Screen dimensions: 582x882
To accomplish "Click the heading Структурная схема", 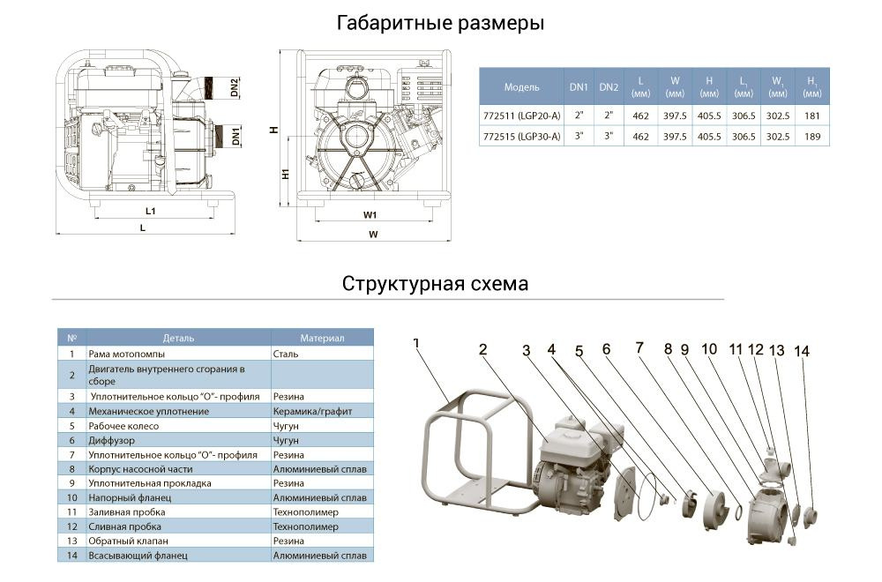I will [436, 284].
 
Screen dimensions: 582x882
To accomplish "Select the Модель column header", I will [521, 86].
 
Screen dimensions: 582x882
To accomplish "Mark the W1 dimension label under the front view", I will [370, 214].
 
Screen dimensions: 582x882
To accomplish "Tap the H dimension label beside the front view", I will [275, 130].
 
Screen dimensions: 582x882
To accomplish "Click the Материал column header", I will [322, 338].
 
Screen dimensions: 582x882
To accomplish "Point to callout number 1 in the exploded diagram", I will [416, 342].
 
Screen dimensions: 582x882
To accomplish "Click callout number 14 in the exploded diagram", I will [801, 350].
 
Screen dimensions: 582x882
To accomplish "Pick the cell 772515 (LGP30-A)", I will [521, 137].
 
